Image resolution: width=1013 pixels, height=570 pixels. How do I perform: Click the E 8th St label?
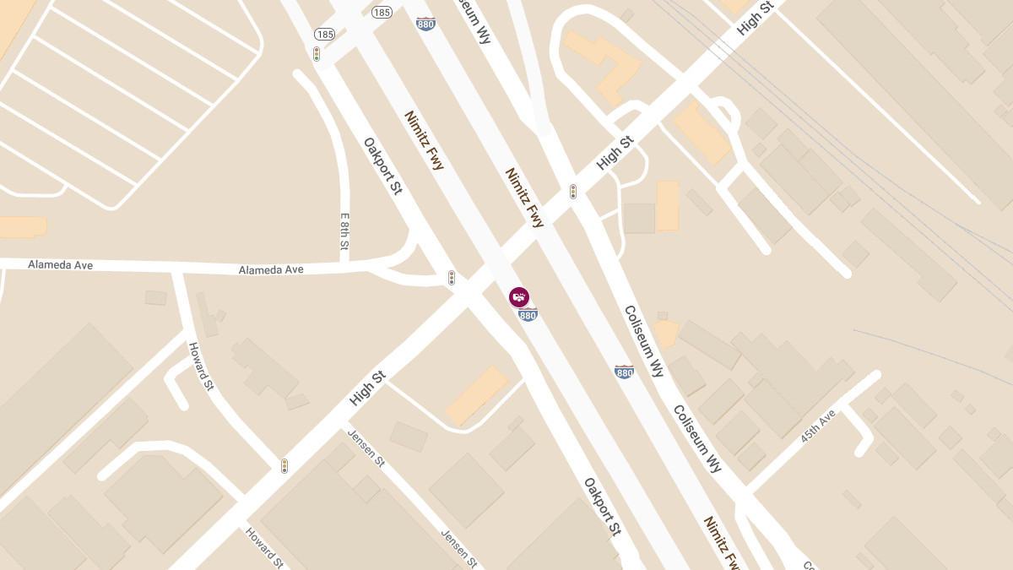(x=344, y=231)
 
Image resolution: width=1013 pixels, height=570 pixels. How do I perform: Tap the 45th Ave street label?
(x=818, y=426)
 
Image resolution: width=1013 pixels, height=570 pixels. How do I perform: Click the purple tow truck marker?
(x=519, y=296)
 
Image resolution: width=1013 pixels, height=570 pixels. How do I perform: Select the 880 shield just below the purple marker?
(x=528, y=315)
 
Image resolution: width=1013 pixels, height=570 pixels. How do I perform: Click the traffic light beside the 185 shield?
(x=317, y=54)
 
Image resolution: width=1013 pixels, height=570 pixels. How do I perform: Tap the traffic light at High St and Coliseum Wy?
(x=573, y=192)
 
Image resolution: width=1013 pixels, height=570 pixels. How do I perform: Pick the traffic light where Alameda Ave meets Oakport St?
(x=452, y=277)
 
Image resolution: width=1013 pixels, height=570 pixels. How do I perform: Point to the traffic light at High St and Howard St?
(x=284, y=465)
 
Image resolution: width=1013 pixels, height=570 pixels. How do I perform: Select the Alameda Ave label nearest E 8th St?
(x=271, y=269)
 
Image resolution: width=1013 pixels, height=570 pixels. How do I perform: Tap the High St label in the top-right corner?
(x=755, y=18)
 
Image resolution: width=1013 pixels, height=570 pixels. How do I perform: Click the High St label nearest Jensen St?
(x=366, y=388)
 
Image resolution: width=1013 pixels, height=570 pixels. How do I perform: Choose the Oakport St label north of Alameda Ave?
(x=382, y=166)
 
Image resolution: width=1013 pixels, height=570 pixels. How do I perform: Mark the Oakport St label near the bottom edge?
(x=603, y=507)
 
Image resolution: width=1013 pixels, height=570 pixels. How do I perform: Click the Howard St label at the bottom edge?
(x=263, y=546)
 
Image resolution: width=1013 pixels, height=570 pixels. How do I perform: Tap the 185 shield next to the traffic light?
(x=324, y=35)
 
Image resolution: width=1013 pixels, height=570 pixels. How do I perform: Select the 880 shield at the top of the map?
(x=425, y=23)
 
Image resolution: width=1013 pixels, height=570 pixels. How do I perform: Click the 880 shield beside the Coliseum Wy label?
(x=624, y=372)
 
